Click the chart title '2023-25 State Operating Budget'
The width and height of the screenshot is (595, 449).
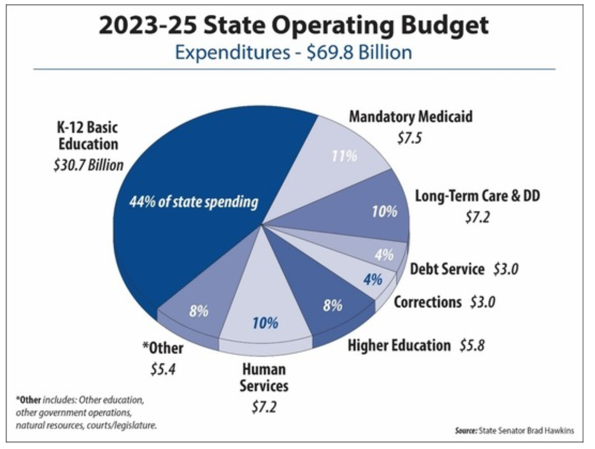293,25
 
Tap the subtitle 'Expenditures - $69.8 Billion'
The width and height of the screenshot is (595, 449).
293,53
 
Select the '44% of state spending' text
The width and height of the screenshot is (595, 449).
193,202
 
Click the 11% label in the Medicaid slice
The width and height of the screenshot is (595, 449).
344,156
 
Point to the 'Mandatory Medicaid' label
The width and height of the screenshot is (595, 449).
411,117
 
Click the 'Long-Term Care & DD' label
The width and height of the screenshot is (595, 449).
477,196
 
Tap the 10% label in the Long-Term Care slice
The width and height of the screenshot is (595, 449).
384,212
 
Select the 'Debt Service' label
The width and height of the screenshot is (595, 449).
447,269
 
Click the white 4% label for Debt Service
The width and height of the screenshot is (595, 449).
384,255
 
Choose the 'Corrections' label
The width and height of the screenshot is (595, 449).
427,302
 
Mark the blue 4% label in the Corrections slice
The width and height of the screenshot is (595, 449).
373,279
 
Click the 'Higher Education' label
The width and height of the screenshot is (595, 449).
399,345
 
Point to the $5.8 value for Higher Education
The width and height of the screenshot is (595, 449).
472,345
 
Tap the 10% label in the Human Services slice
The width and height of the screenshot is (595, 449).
265,323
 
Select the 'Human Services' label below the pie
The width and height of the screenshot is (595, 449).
264,378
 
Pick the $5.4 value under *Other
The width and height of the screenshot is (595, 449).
163,369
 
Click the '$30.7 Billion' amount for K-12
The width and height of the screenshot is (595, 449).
88,165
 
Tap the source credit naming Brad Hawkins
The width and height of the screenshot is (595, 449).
514,430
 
